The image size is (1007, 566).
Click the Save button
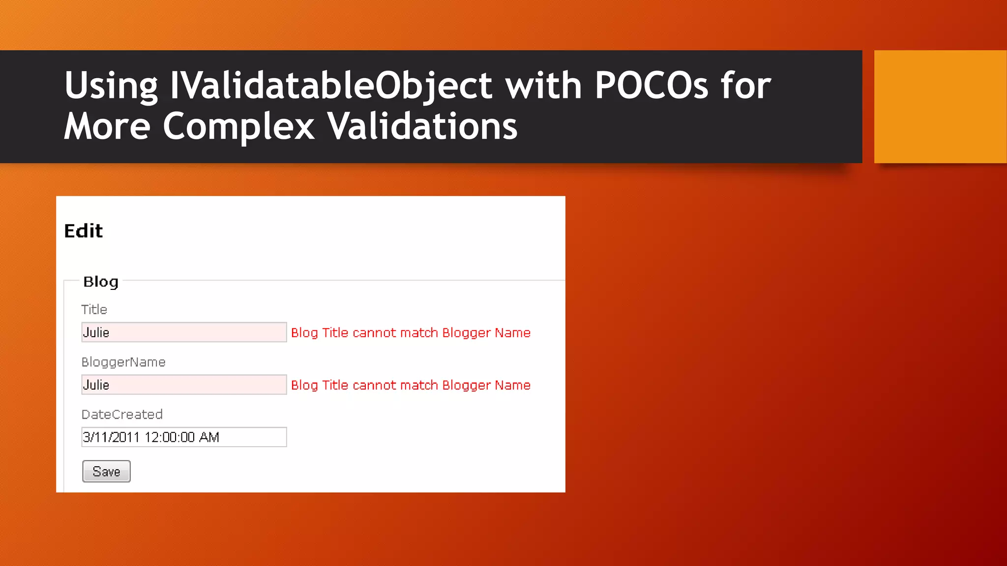click(106, 471)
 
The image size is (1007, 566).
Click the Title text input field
click(184, 333)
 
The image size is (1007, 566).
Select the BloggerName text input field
click(184, 385)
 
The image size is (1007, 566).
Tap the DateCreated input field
click(184, 437)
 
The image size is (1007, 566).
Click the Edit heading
click(84, 231)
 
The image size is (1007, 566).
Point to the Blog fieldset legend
click(101, 282)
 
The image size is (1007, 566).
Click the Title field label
click(94, 310)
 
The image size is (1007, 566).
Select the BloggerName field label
click(123, 362)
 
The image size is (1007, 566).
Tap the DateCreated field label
click(122, 415)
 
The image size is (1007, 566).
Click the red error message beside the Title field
click(411, 333)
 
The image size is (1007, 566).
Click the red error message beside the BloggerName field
click(411, 385)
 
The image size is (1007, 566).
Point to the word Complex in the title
click(239, 126)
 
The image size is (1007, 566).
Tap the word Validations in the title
click(422, 126)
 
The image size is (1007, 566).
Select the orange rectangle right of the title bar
click(940, 106)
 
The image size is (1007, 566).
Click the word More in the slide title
click(107, 126)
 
